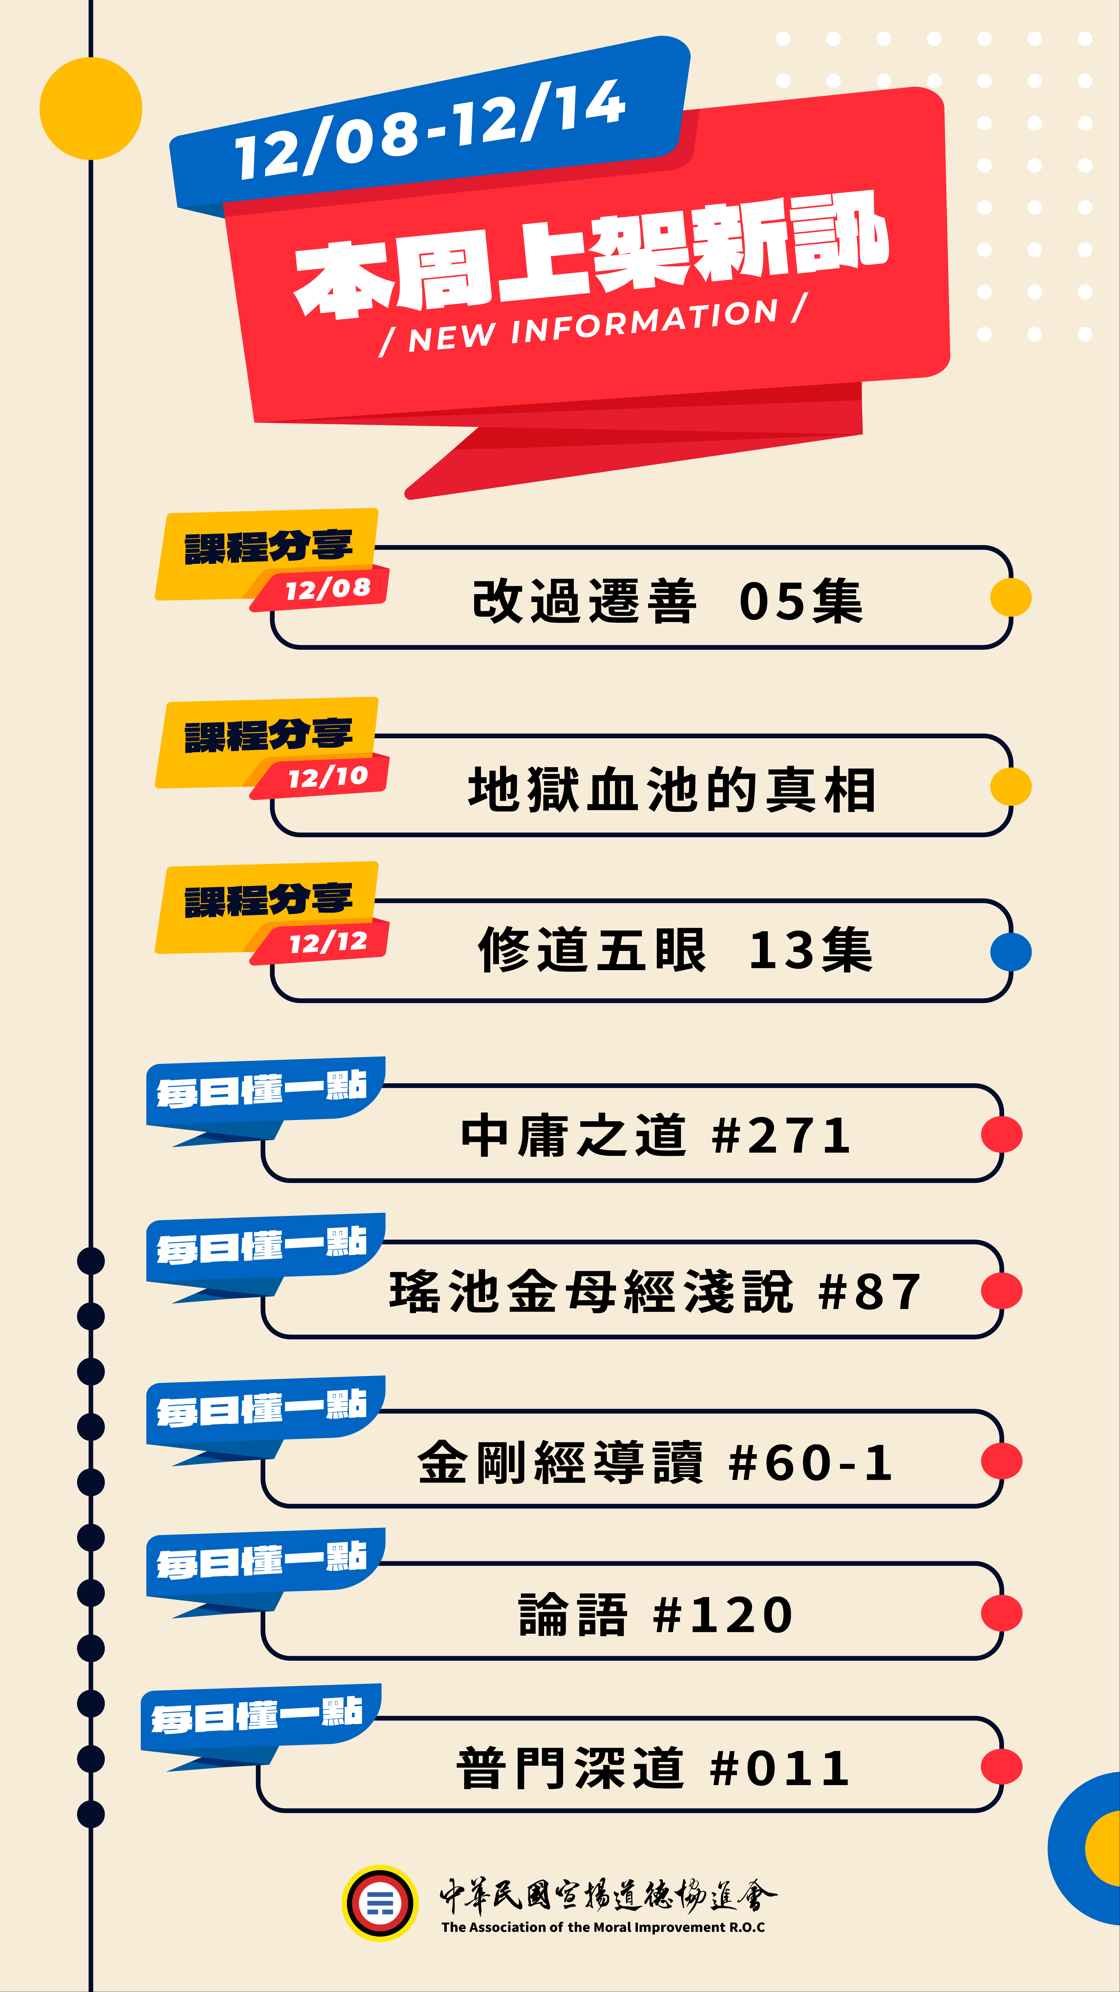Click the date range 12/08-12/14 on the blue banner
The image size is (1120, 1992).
tap(430, 130)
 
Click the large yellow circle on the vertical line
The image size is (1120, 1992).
tap(91, 108)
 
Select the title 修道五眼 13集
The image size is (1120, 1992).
tap(675, 950)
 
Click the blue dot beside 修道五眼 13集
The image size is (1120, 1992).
tap(1010, 952)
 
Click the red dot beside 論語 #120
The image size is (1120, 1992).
tap(1001, 1614)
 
